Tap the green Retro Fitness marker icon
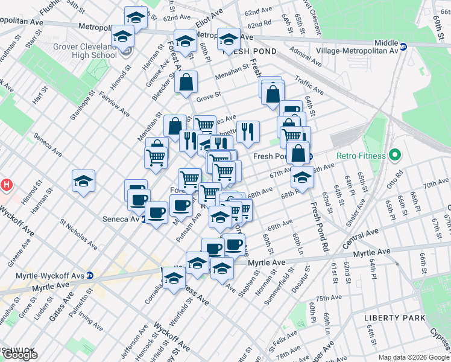coord(396,156)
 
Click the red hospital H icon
coord(6,184)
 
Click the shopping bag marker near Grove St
coord(186,83)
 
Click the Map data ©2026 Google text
coord(414,357)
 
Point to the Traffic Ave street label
coord(309,85)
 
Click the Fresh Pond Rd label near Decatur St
coord(319,226)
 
